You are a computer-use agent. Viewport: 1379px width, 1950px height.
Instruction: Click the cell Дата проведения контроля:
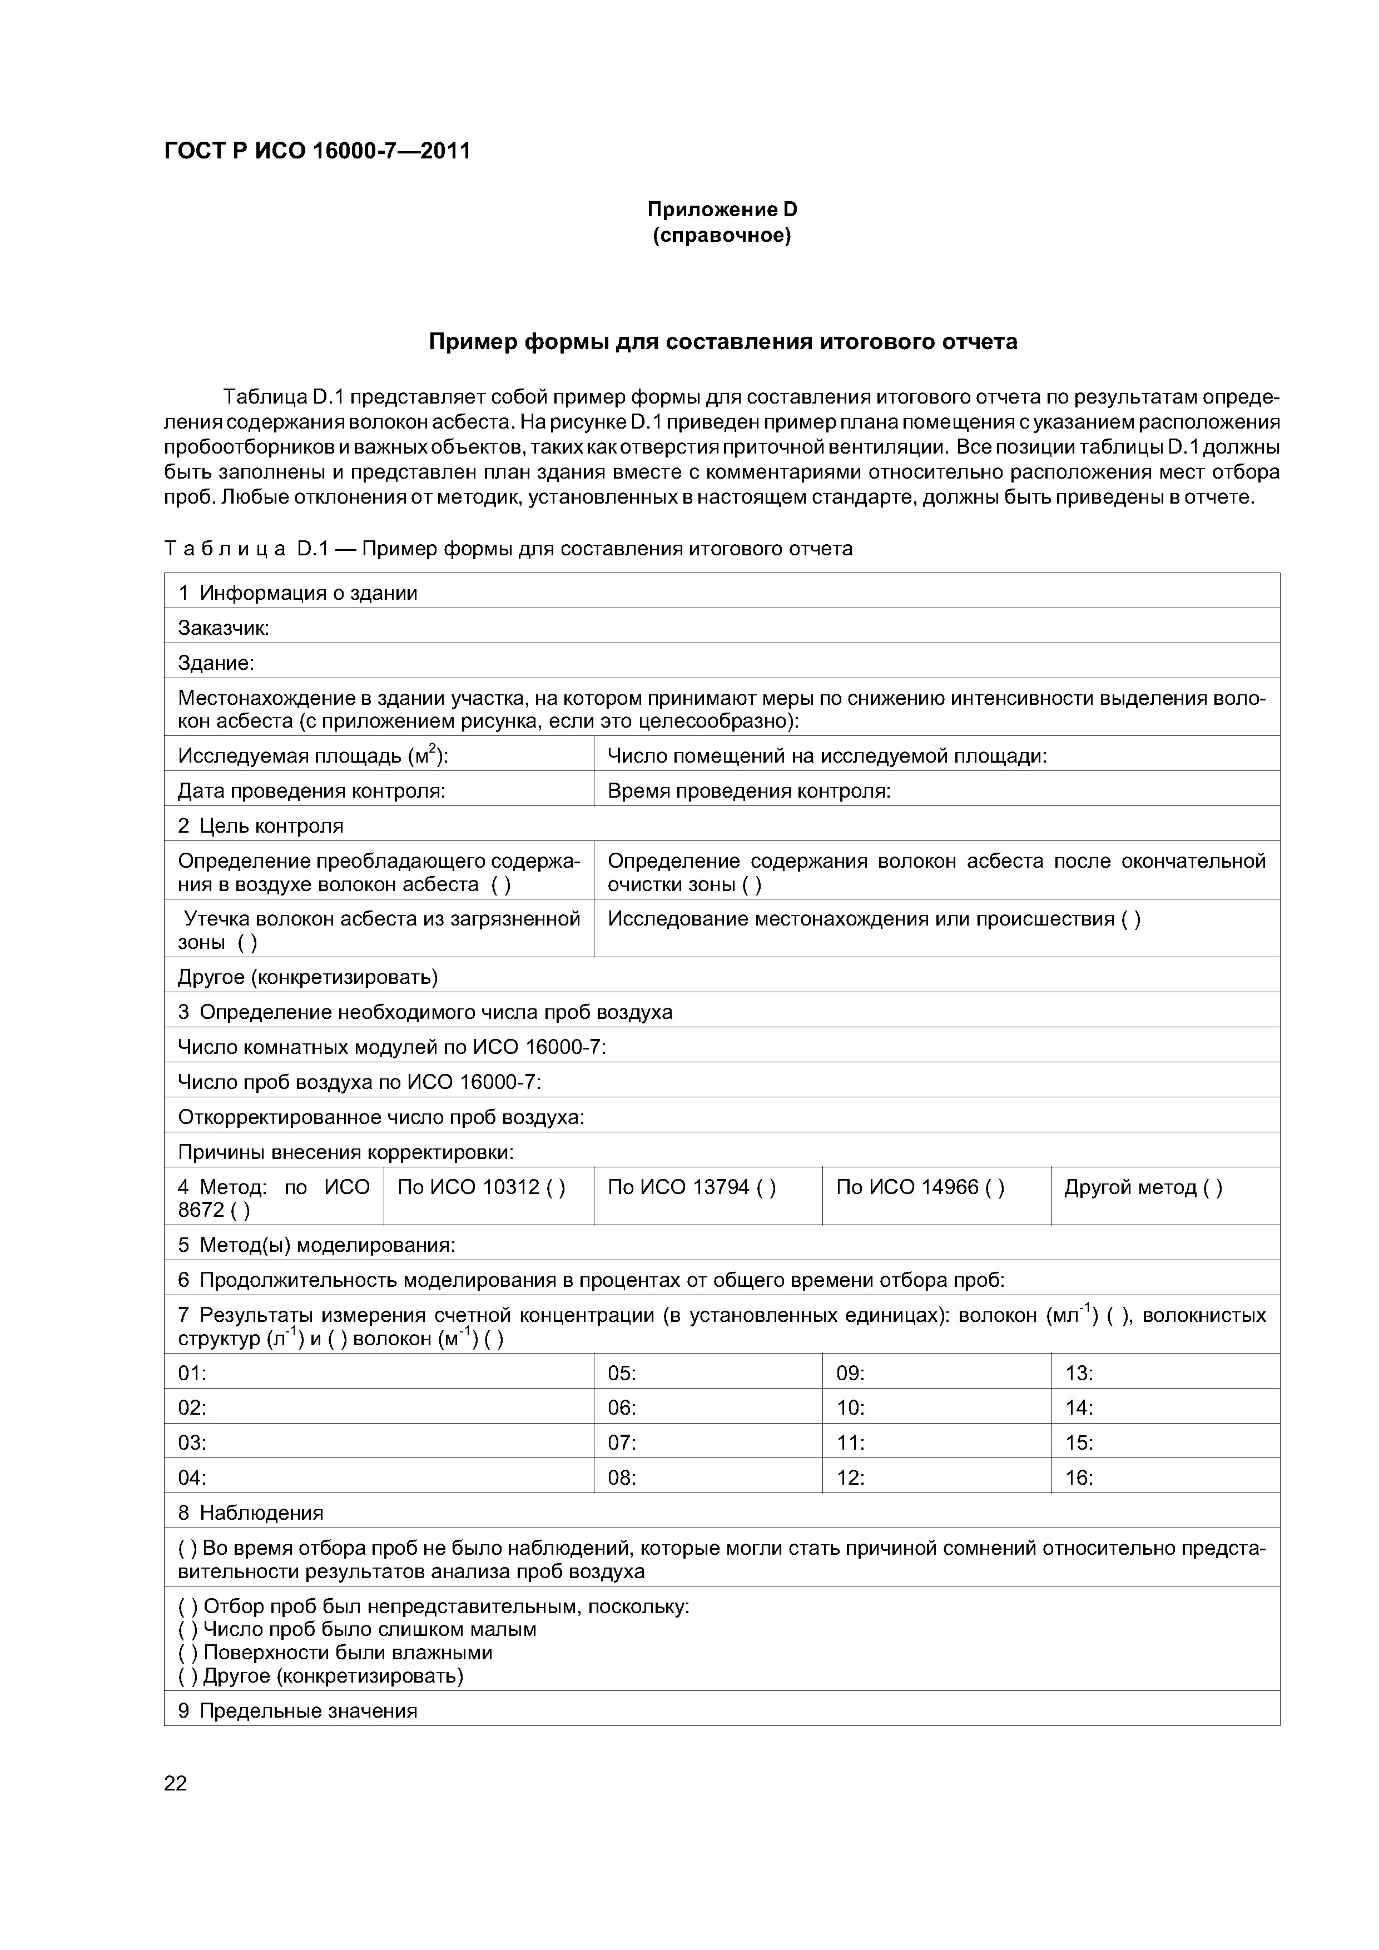coord(312,790)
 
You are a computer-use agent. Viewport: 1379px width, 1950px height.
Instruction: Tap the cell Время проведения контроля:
coord(748,790)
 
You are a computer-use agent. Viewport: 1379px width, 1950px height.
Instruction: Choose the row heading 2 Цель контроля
coord(261,825)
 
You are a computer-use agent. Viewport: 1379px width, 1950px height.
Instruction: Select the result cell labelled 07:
coord(622,1442)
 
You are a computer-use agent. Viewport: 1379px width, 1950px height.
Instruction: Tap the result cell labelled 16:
coord(1079,1477)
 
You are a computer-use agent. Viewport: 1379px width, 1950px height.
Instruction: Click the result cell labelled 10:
coord(851,1407)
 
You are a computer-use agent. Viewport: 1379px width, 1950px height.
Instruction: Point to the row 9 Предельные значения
coord(297,1710)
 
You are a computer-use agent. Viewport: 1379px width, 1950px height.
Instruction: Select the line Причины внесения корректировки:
coord(346,1152)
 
